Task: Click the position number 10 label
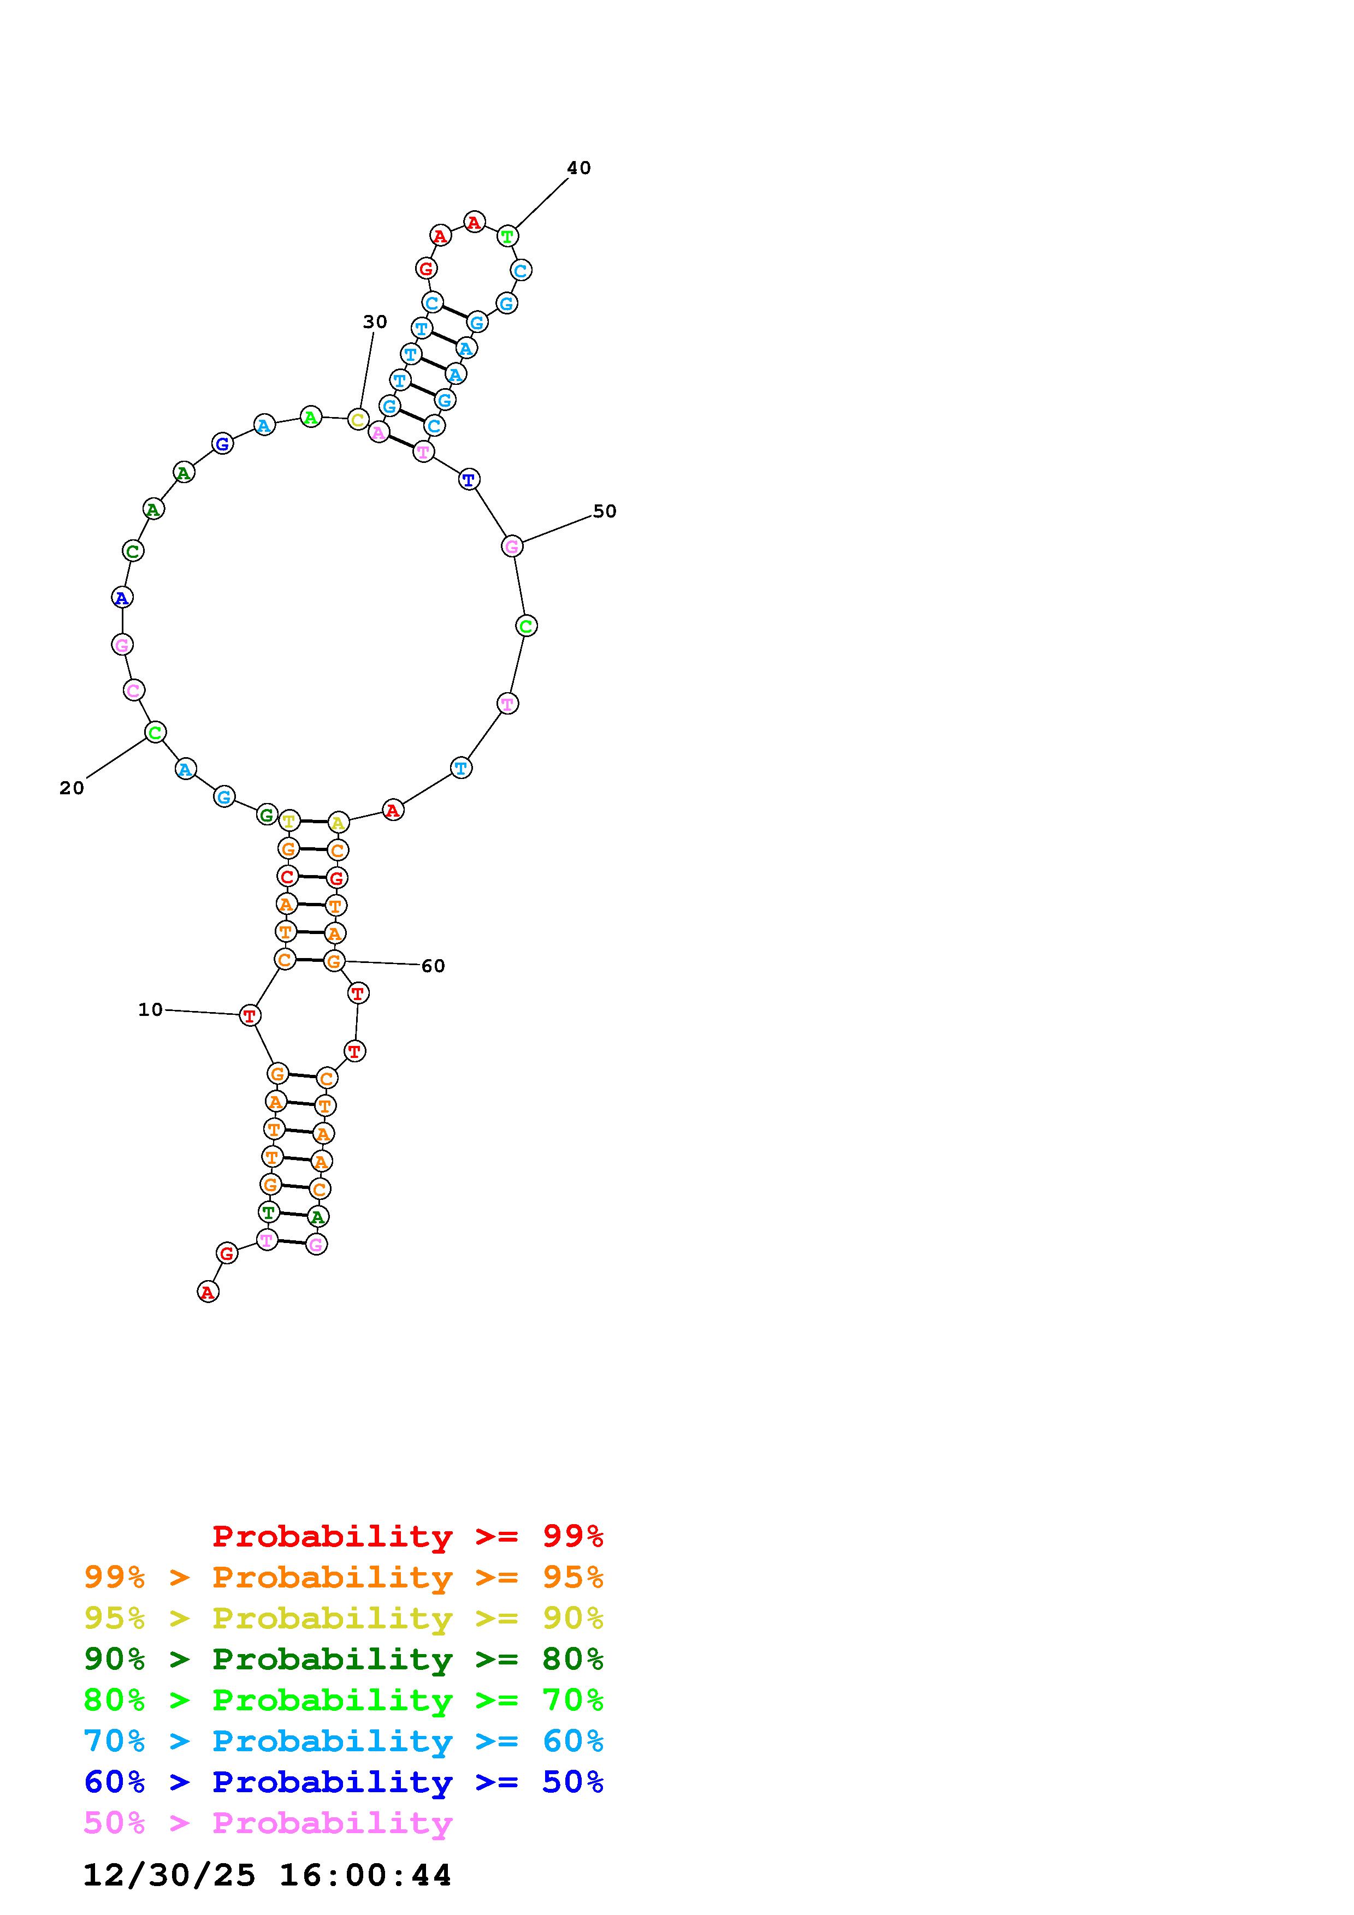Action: click(150, 1010)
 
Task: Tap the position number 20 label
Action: click(72, 788)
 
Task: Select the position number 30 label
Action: click(375, 322)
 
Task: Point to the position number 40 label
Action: click(579, 168)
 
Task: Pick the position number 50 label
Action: click(605, 512)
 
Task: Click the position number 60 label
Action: click(433, 966)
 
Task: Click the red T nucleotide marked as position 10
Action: click(250, 1015)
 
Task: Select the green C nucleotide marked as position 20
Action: click(155, 732)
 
